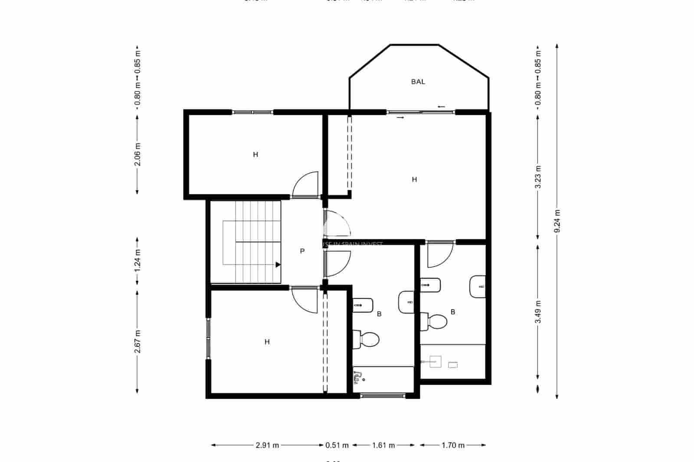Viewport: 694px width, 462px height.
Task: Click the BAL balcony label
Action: coord(418,81)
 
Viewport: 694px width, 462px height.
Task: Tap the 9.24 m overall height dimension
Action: coord(557,221)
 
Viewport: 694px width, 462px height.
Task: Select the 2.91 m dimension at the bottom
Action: coord(267,445)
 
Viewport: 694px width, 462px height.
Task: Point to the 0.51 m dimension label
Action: coord(337,445)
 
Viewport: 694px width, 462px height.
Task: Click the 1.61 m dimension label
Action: coord(383,445)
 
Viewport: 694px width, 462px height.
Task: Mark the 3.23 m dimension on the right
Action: coord(538,177)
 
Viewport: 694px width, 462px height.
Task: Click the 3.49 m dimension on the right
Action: coord(538,312)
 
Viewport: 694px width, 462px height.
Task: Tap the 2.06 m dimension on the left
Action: coord(137,154)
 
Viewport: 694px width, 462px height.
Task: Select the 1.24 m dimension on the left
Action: coord(137,261)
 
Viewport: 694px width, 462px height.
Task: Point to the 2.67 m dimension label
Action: coord(137,342)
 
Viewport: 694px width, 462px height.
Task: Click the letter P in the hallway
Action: coord(302,251)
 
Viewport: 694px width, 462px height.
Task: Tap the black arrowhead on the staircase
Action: coord(278,264)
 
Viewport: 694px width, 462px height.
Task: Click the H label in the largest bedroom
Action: coord(414,179)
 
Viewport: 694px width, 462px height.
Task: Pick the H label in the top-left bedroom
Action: coord(255,154)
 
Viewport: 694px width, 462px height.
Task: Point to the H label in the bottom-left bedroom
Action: coord(267,342)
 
